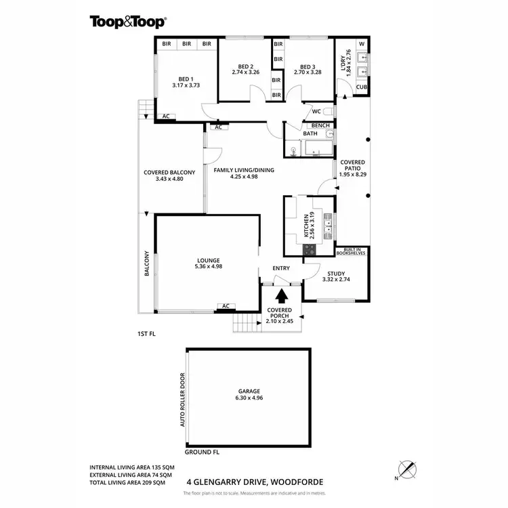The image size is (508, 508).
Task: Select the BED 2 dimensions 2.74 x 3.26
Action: coord(245,72)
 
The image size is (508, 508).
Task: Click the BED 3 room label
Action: coord(308,66)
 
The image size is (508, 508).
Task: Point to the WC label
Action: coord(316,112)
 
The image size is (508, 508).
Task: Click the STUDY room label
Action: coord(334,272)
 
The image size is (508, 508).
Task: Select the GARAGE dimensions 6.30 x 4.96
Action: coord(249,398)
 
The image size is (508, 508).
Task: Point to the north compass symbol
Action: coord(404,468)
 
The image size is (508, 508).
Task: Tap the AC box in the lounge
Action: coord(224,306)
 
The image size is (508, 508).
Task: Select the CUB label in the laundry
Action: coord(362,87)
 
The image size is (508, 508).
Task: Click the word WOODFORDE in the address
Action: coord(297,482)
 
